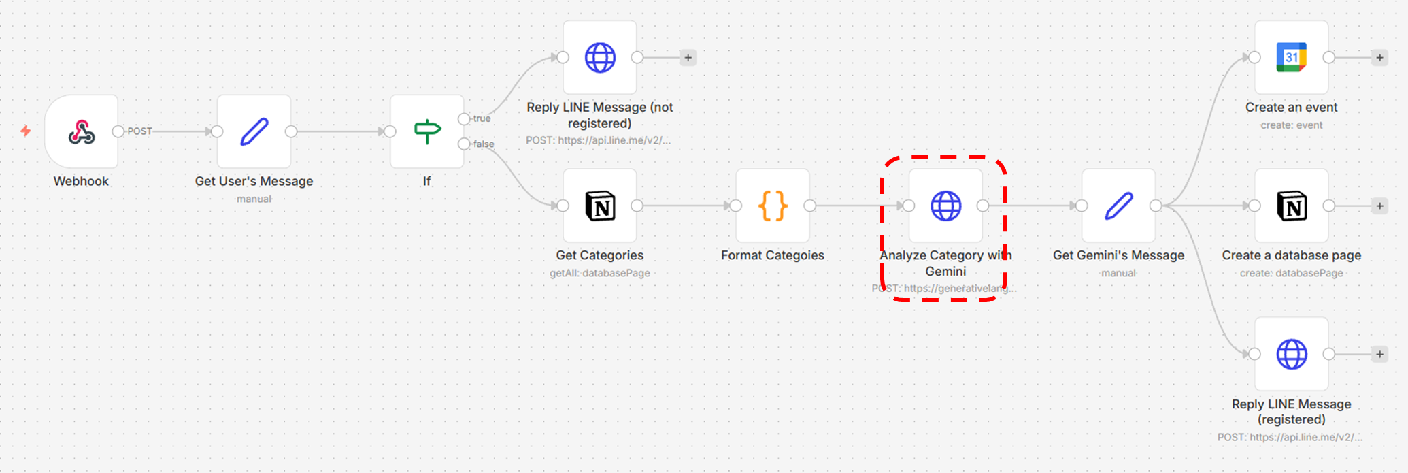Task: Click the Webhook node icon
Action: (x=81, y=131)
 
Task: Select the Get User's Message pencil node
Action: (x=254, y=131)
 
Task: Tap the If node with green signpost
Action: (x=426, y=131)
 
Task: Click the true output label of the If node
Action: (x=482, y=118)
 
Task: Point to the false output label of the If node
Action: (x=484, y=144)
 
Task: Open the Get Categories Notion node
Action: (x=600, y=206)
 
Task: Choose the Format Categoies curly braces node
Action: (x=773, y=206)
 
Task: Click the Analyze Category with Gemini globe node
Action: (x=945, y=206)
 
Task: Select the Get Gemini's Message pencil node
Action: (x=1118, y=206)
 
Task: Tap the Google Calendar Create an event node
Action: (x=1291, y=57)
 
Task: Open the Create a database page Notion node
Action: (x=1291, y=206)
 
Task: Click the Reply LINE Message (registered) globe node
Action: (x=1291, y=354)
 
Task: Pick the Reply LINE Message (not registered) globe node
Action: (x=600, y=57)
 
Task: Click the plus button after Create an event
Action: (x=1379, y=58)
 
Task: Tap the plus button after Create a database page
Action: (x=1379, y=206)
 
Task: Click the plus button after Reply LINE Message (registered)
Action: (x=1379, y=354)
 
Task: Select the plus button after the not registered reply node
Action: (x=688, y=58)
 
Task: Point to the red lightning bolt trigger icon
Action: (x=26, y=131)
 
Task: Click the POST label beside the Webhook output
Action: (x=139, y=131)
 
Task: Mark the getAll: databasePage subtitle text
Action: (x=600, y=273)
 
